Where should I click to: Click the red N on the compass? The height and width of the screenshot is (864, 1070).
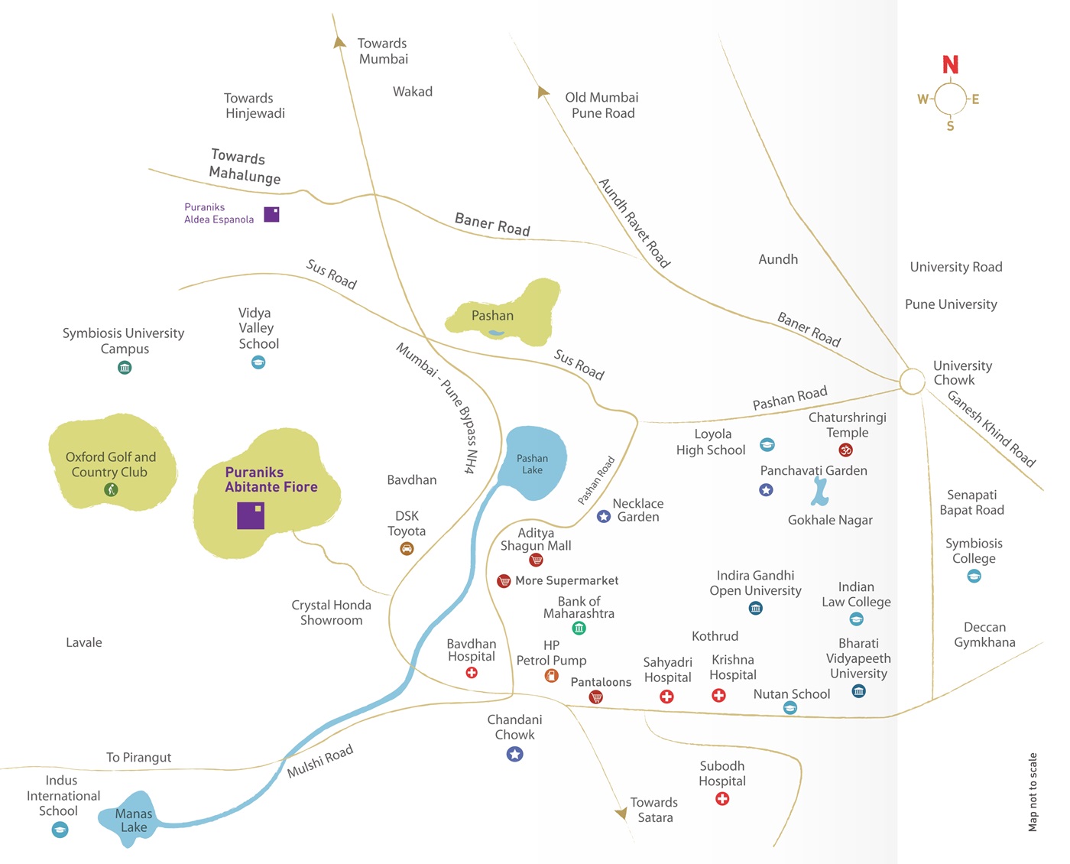pyautogui.click(x=950, y=65)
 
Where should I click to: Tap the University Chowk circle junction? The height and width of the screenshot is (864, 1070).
pyautogui.click(x=912, y=381)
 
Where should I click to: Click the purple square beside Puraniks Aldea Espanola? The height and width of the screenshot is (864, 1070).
pyautogui.click(x=271, y=214)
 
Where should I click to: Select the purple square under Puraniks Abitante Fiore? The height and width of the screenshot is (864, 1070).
pyautogui.click(x=251, y=515)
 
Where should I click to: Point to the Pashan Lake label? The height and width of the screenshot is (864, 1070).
pyautogui.click(x=532, y=464)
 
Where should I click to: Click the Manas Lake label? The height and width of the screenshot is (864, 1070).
pyautogui.click(x=134, y=820)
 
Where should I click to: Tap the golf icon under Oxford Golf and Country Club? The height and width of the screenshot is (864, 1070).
pyautogui.click(x=111, y=489)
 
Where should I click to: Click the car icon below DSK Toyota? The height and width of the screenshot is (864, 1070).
pyautogui.click(x=407, y=548)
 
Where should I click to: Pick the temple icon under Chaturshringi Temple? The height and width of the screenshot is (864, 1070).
pyautogui.click(x=845, y=450)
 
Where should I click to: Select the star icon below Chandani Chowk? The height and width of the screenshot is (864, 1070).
pyautogui.click(x=514, y=755)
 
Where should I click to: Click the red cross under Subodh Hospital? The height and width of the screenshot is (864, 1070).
pyautogui.click(x=722, y=799)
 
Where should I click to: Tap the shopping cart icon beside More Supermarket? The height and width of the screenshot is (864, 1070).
pyautogui.click(x=504, y=581)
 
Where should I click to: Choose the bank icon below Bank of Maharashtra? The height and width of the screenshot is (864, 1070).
pyautogui.click(x=579, y=629)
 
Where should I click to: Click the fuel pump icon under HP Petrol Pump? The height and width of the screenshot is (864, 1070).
pyautogui.click(x=551, y=676)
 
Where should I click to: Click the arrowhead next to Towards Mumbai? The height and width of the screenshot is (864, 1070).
pyautogui.click(x=339, y=43)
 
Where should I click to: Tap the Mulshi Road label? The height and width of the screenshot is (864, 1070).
pyautogui.click(x=320, y=762)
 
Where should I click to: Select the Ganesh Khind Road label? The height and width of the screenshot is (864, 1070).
pyautogui.click(x=991, y=428)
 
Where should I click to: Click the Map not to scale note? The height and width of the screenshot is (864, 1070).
pyautogui.click(x=1033, y=792)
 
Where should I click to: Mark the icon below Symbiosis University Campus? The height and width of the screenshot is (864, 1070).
pyautogui.click(x=125, y=368)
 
